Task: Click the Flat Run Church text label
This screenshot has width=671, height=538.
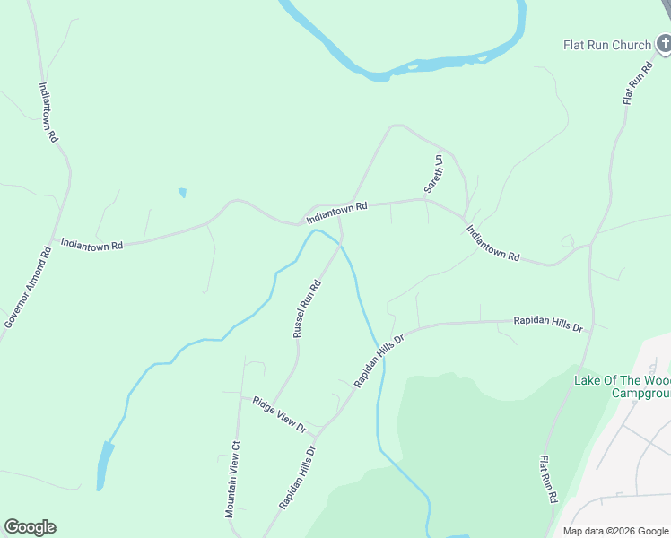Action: click(606, 45)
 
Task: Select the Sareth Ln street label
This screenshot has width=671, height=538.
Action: click(434, 173)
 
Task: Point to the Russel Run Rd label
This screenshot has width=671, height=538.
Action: click(307, 308)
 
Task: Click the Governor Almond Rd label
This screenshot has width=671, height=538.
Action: click(27, 286)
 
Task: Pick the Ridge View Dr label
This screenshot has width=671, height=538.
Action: click(279, 414)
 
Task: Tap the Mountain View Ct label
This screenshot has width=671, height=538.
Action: click(233, 479)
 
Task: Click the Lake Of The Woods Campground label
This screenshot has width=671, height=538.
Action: click(622, 386)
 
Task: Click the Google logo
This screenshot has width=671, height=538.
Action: click(30, 527)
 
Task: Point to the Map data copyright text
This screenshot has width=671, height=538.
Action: click(614, 531)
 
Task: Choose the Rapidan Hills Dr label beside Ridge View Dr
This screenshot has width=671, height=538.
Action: click(298, 478)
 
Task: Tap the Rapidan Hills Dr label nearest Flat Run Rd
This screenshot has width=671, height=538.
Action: click(547, 324)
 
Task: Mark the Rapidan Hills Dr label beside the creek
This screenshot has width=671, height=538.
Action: click(379, 360)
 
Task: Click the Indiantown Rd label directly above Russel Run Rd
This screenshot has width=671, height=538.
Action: click(337, 213)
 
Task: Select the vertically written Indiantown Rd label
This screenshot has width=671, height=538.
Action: click(48, 112)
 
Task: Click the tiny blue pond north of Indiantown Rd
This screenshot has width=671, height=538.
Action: click(183, 192)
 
